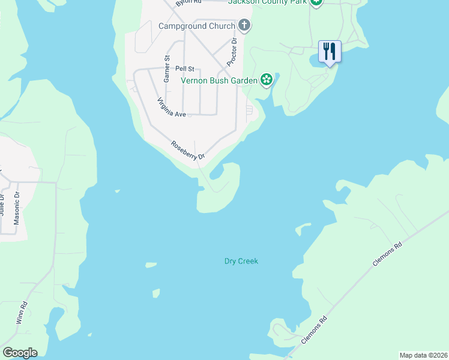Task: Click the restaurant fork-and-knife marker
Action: pyautogui.click(x=329, y=51)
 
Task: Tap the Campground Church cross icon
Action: pyautogui.click(x=244, y=26)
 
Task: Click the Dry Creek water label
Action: pyautogui.click(x=241, y=261)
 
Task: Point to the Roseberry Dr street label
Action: pyautogui.click(x=188, y=150)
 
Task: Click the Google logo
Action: pyautogui.click(x=20, y=353)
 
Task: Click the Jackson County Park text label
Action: pyautogui.click(x=268, y=2)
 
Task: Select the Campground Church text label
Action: pyautogui.click(x=196, y=26)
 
